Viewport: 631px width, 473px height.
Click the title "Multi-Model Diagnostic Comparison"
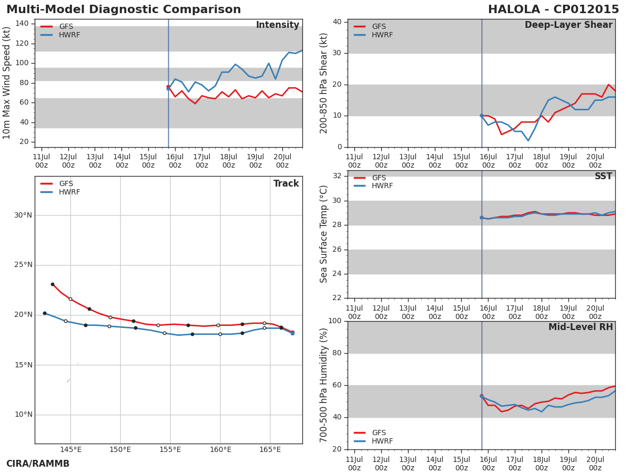point(124,10)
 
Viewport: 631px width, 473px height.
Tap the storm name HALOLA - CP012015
point(553,10)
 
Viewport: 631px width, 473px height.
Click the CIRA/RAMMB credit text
point(38,464)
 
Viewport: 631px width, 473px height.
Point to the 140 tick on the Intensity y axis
point(23,24)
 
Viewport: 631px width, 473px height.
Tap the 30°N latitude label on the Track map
point(23,215)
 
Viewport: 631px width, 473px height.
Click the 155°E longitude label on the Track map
point(170,450)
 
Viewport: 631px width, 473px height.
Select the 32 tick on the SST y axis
point(337,176)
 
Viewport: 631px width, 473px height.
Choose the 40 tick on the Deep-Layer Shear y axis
point(337,22)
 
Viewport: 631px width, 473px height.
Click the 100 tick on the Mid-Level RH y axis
point(334,321)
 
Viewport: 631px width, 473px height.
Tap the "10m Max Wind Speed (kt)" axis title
point(7,83)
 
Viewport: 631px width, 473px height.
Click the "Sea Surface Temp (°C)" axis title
point(324,234)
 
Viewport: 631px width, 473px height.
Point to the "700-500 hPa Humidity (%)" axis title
point(324,385)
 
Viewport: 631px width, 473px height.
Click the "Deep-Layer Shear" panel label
point(568,25)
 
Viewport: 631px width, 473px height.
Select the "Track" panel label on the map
point(286,184)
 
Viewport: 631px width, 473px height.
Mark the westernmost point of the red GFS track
point(52,284)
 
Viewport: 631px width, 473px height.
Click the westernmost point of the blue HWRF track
point(45,313)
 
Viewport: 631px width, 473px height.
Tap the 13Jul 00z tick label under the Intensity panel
point(95,161)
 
